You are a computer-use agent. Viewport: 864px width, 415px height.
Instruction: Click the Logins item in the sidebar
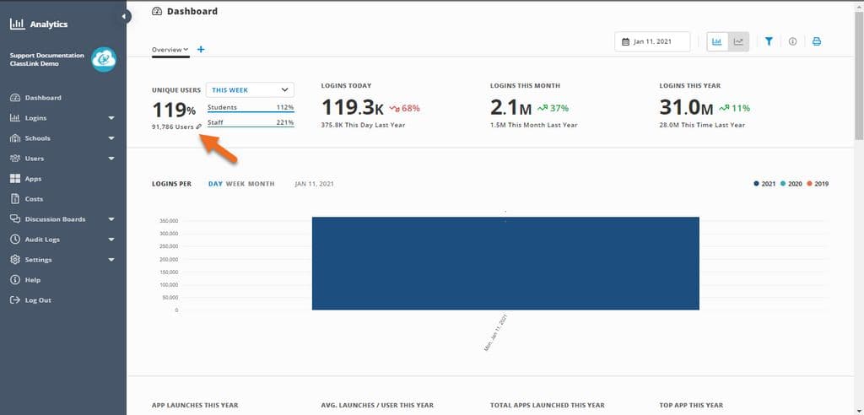pyautogui.click(x=36, y=118)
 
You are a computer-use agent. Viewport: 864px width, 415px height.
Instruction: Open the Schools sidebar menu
pyautogui.click(x=37, y=138)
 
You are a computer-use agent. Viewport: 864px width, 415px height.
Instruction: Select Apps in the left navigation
pyautogui.click(x=33, y=179)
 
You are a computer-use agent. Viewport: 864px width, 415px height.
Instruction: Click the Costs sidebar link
pyautogui.click(x=34, y=199)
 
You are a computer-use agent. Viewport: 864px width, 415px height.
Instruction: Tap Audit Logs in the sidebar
pyautogui.click(x=41, y=240)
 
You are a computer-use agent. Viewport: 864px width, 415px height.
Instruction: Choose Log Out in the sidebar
pyautogui.click(x=37, y=300)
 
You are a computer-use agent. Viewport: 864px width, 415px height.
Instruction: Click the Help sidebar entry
pyautogui.click(x=32, y=280)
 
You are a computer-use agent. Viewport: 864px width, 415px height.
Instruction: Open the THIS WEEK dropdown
pyautogui.click(x=250, y=89)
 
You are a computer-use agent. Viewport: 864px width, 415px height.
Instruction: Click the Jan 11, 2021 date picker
pyautogui.click(x=653, y=41)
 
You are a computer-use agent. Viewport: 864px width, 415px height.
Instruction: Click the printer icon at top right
pyautogui.click(x=817, y=41)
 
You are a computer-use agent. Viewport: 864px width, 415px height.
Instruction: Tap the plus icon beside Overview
pyautogui.click(x=201, y=50)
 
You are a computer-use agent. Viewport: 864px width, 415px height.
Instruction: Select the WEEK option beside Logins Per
pyautogui.click(x=235, y=184)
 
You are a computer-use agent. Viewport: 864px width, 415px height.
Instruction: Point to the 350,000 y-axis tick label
pyautogui.click(x=168, y=221)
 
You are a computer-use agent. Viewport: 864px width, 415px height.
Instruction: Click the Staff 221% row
pyautogui.click(x=251, y=122)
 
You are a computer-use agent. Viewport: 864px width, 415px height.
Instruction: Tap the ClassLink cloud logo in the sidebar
pyautogui.click(x=105, y=58)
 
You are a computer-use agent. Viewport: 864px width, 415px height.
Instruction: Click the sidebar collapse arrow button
pyautogui.click(x=125, y=16)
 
